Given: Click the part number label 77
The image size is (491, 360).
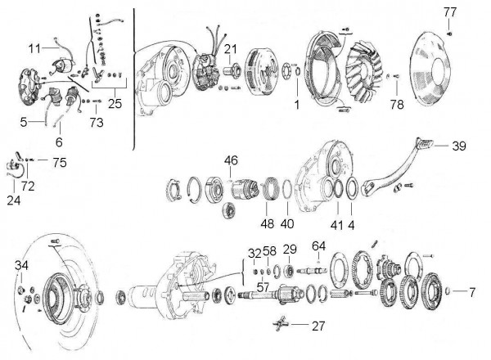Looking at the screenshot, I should (x=450, y=11).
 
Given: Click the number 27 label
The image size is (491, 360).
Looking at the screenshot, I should (x=318, y=326).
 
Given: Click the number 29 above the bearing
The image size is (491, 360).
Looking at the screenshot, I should (x=290, y=249).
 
